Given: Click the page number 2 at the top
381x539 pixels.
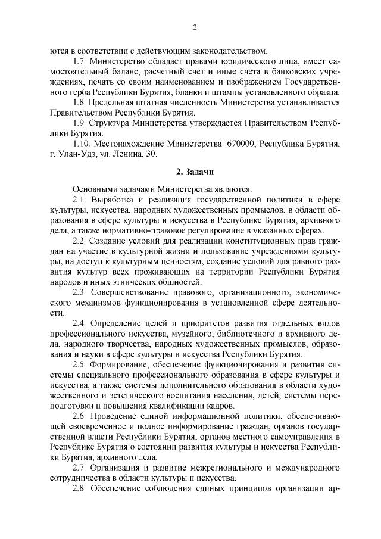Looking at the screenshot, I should point(195,27).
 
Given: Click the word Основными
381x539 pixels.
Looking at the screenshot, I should point(93,189).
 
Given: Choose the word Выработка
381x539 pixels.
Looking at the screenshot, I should point(115,200).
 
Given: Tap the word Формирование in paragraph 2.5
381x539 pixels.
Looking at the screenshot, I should point(120,365).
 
